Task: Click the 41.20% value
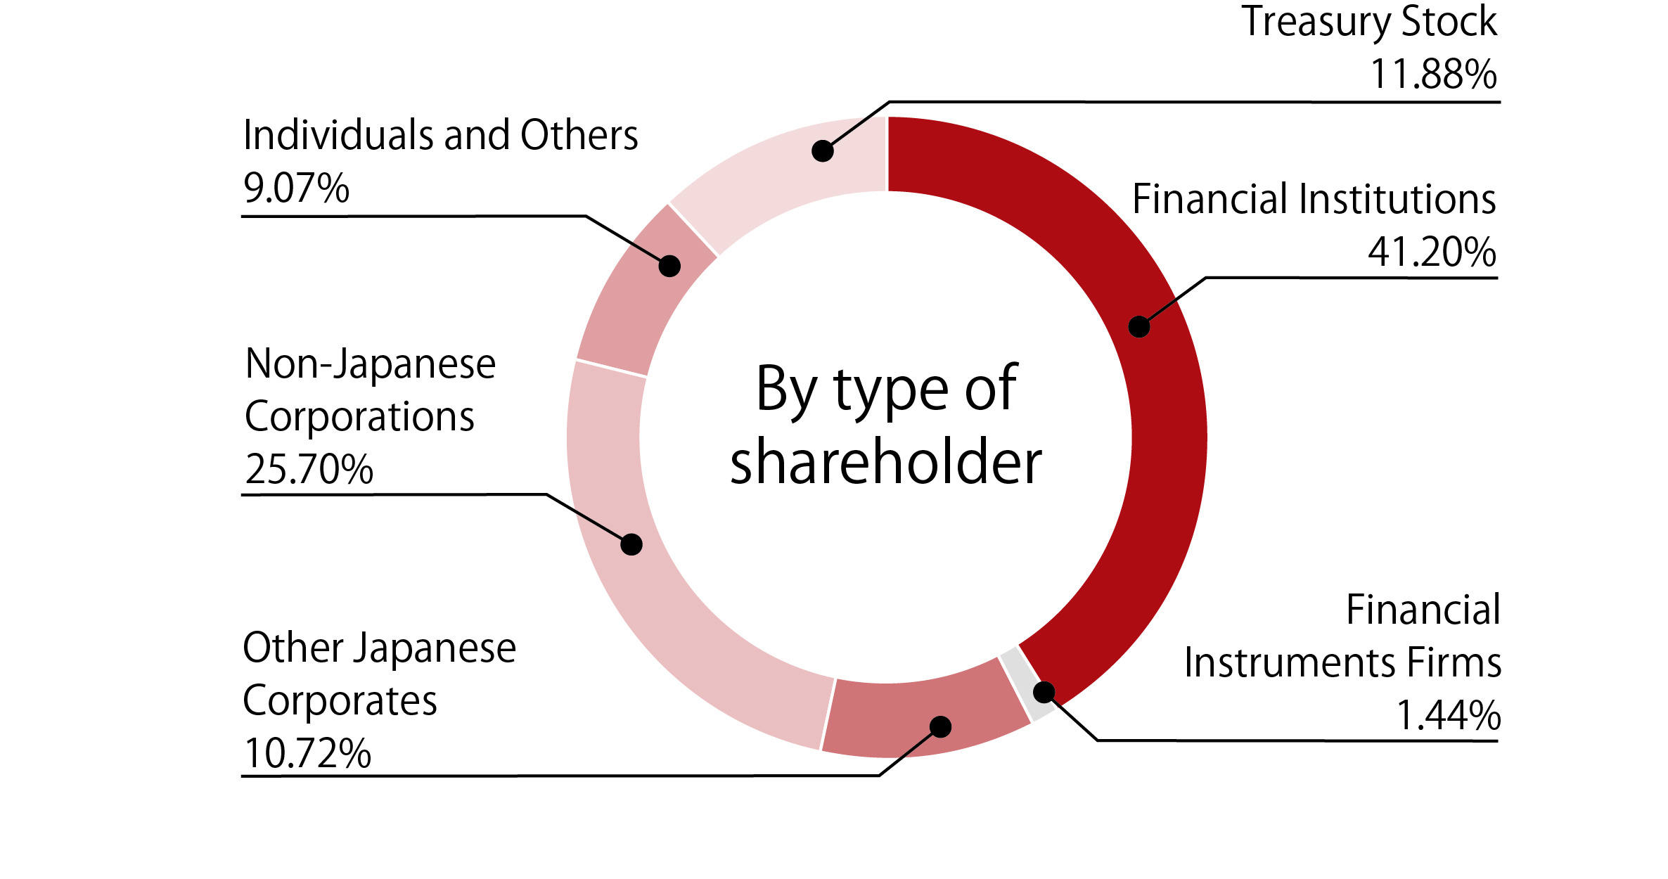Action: click(1432, 252)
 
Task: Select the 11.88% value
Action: click(1433, 74)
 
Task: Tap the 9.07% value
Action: click(296, 188)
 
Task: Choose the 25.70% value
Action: click(309, 469)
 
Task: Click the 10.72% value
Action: click(307, 754)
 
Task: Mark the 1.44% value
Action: click(1448, 716)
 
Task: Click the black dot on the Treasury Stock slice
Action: click(822, 150)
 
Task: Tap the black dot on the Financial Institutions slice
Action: click(1138, 326)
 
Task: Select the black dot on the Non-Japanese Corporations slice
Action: click(631, 544)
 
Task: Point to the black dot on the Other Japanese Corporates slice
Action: click(940, 726)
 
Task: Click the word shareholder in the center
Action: click(886, 462)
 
